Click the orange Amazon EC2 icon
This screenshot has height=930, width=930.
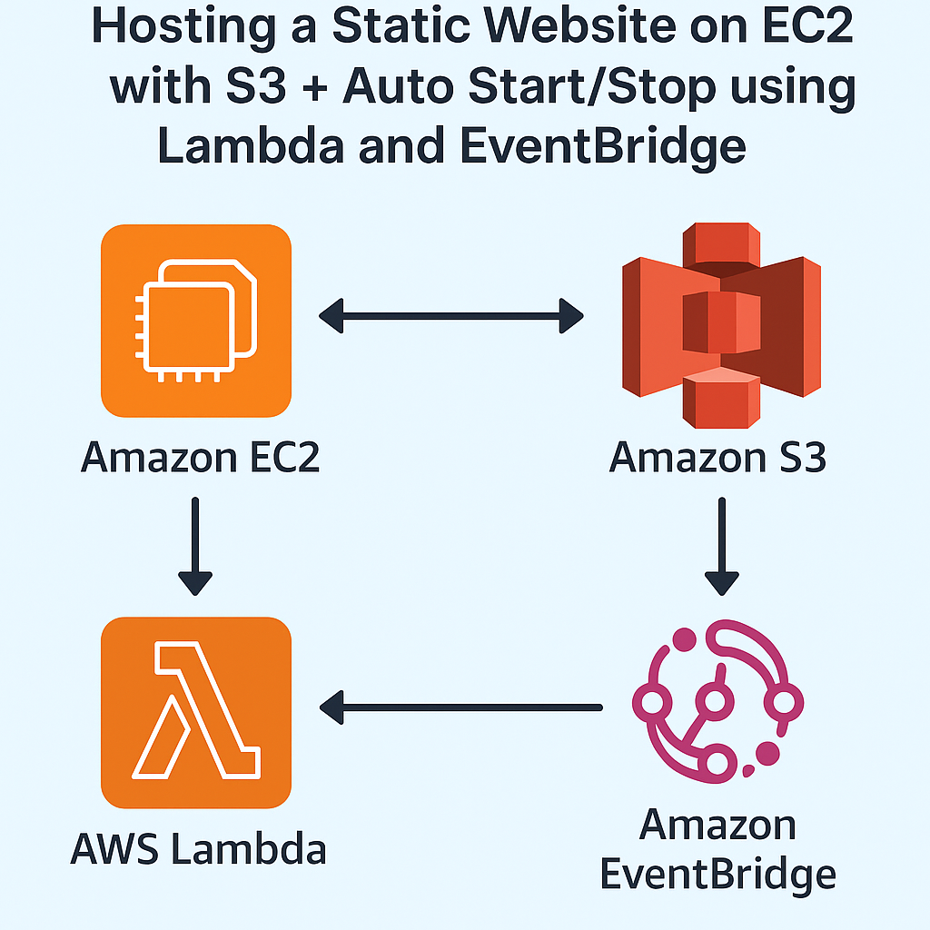196,321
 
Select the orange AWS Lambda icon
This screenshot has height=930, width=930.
196,712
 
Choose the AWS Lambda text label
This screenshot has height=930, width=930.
198,850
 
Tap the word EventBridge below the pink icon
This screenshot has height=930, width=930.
717,874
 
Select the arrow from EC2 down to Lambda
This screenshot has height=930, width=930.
195,545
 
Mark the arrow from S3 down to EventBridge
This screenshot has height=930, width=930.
722,545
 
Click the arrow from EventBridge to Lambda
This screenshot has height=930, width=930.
461,706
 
